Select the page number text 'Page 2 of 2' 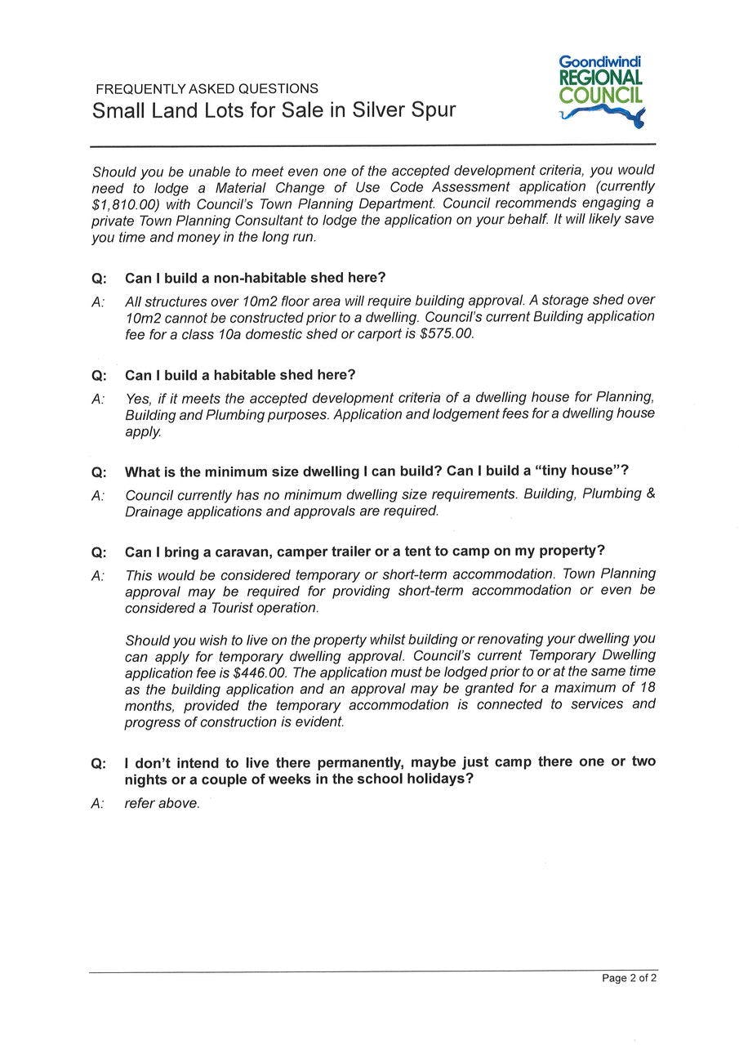pos(629,978)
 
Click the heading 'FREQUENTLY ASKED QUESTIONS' pos(207,89)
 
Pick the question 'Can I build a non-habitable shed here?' pos(255,278)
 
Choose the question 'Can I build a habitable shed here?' pos(240,375)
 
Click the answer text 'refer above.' pos(162,803)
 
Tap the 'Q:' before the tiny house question pos(99,472)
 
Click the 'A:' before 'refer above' pos(98,803)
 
